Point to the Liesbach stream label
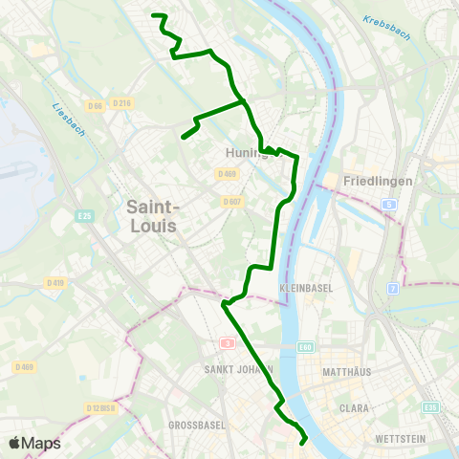click(x=70, y=120)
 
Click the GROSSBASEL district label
click(x=195, y=424)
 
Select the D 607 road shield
click(x=232, y=202)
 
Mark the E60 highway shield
click(x=306, y=346)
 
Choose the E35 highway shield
click(x=432, y=407)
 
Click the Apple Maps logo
click(x=33, y=443)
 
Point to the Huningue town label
click(x=245, y=152)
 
